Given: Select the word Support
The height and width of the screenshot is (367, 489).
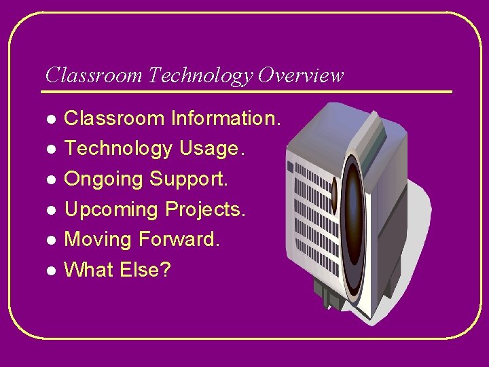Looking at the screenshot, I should [x=189, y=180].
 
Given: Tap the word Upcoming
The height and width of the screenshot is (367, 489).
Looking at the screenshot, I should [x=112, y=210].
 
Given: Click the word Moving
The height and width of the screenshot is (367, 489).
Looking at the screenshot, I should [x=98, y=240].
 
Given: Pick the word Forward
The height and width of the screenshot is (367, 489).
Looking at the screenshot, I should [x=179, y=240].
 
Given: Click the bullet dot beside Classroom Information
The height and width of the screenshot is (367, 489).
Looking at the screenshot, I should [x=50, y=120].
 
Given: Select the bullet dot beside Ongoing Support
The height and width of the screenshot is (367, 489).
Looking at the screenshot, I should [x=50, y=180].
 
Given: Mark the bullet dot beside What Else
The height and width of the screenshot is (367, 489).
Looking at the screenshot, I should [x=50, y=270].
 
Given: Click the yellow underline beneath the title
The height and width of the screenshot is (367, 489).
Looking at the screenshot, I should [x=248, y=91].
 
